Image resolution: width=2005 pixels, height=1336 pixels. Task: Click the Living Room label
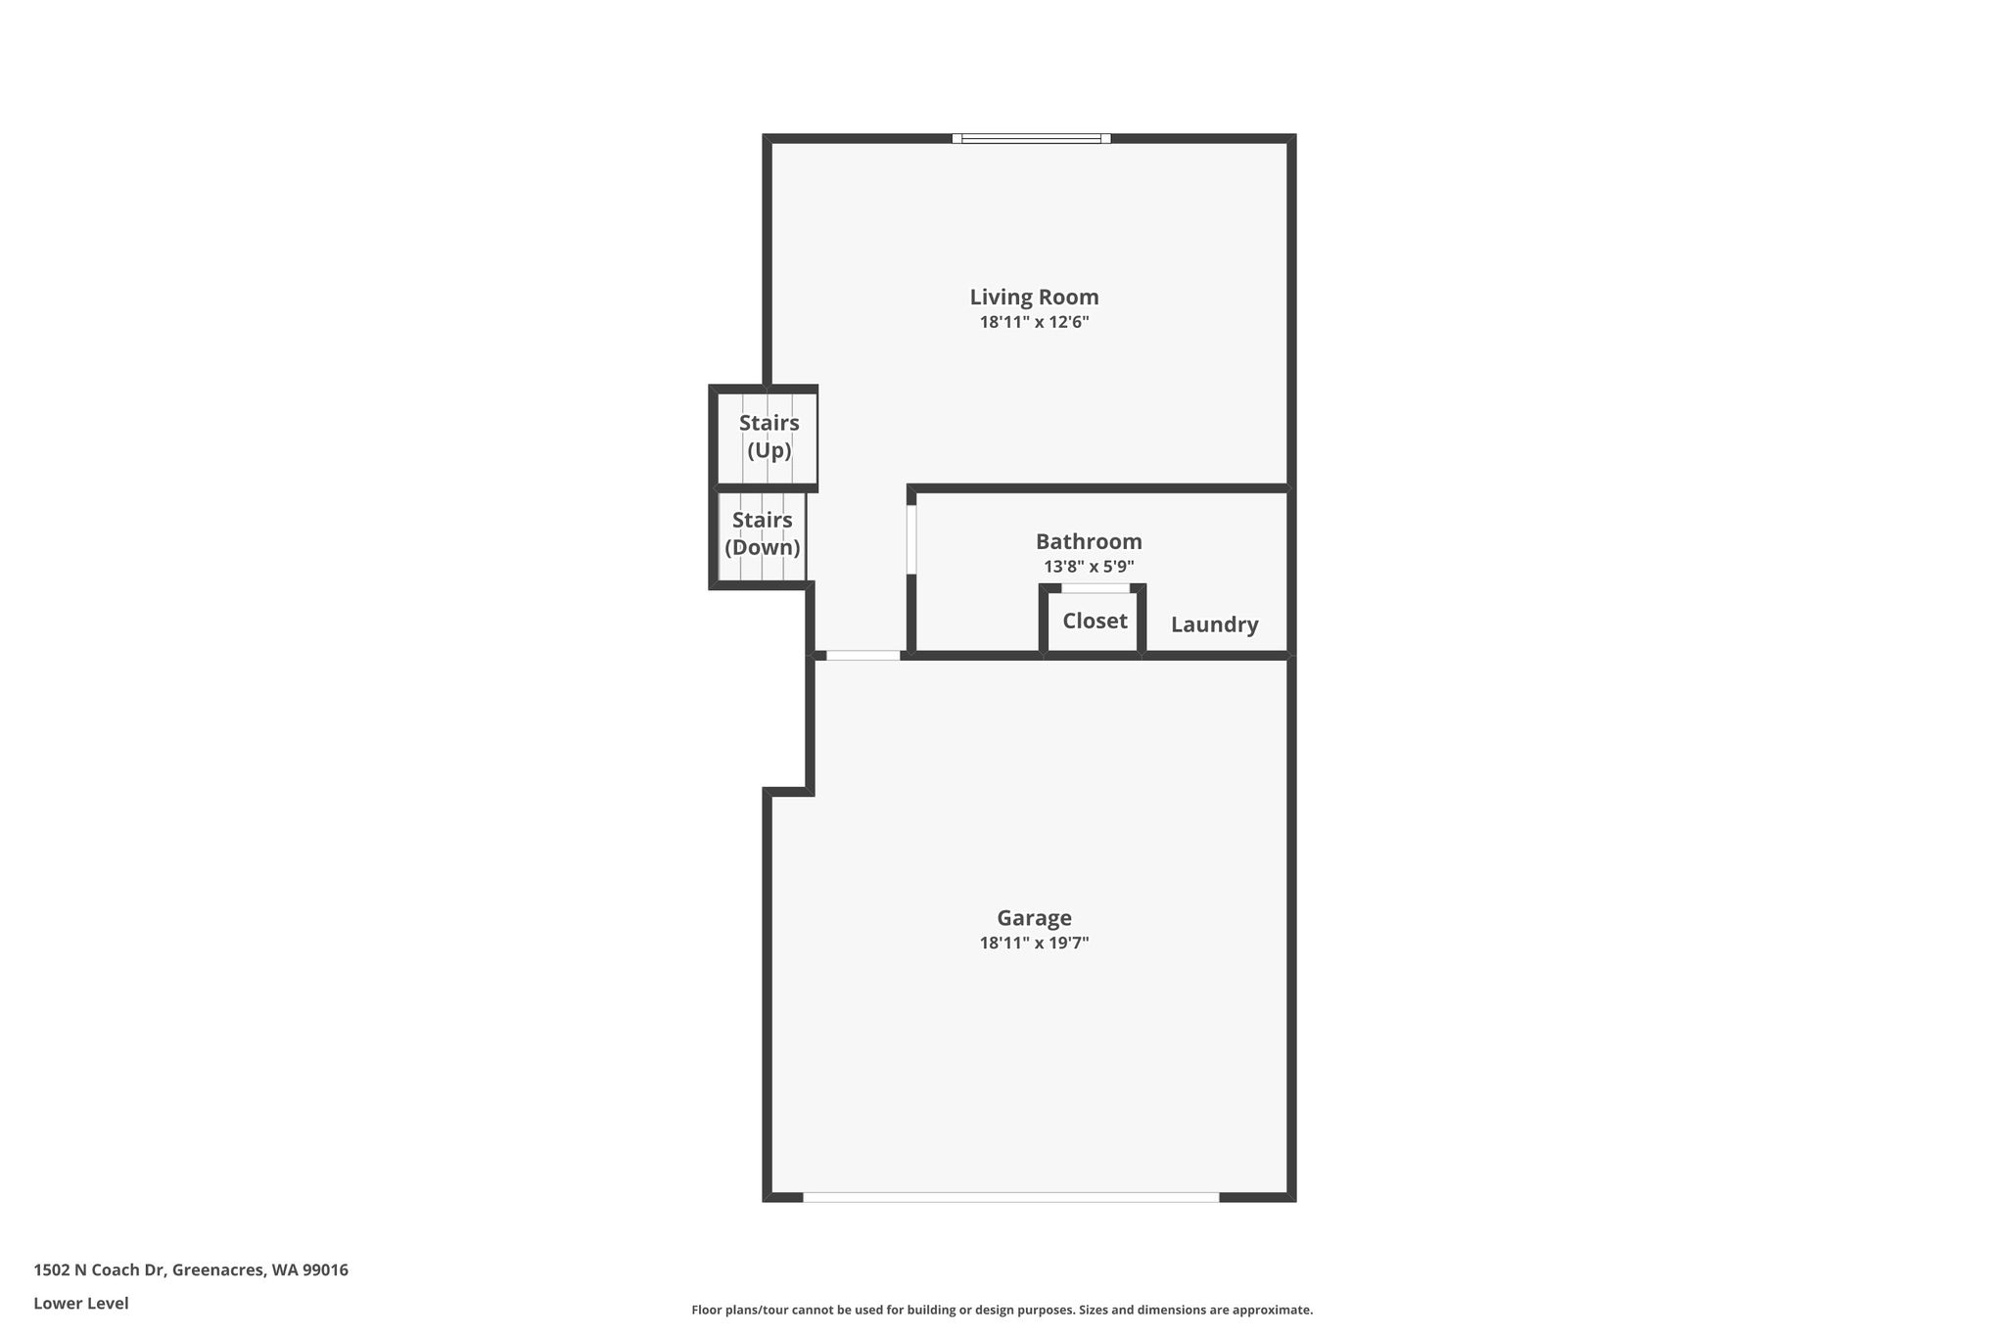click(x=1034, y=298)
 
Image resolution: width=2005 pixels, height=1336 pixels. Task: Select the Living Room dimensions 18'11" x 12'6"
click(x=1034, y=322)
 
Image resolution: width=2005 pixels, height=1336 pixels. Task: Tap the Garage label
click(x=1034, y=918)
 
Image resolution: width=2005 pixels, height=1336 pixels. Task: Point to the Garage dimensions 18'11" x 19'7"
click(x=1034, y=944)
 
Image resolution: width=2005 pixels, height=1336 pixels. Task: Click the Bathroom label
click(x=1089, y=541)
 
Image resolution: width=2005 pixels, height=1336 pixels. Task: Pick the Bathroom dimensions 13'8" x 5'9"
click(x=1089, y=567)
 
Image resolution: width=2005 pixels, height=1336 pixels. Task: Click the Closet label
click(x=1095, y=621)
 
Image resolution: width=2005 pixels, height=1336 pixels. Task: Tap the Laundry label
click(x=1214, y=624)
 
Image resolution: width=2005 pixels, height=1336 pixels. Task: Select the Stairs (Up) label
click(x=769, y=437)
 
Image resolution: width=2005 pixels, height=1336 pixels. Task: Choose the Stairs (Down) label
click(x=763, y=533)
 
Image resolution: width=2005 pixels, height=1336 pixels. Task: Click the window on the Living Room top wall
click(x=1031, y=139)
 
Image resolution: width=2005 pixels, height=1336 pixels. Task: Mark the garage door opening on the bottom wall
click(x=1011, y=1197)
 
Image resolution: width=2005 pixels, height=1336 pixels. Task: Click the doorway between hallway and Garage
click(x=863, y=655)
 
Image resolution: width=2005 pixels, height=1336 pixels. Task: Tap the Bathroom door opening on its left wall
click(x=911, y=539)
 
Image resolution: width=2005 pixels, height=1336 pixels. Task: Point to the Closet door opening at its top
click(x=1096, y=588)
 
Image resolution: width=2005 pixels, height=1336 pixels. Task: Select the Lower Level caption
click(x=81, y=1304)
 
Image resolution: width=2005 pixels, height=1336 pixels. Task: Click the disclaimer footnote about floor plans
click(x=1002, y=1310)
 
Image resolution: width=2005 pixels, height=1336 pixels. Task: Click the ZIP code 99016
click(x=325, y=1270)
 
